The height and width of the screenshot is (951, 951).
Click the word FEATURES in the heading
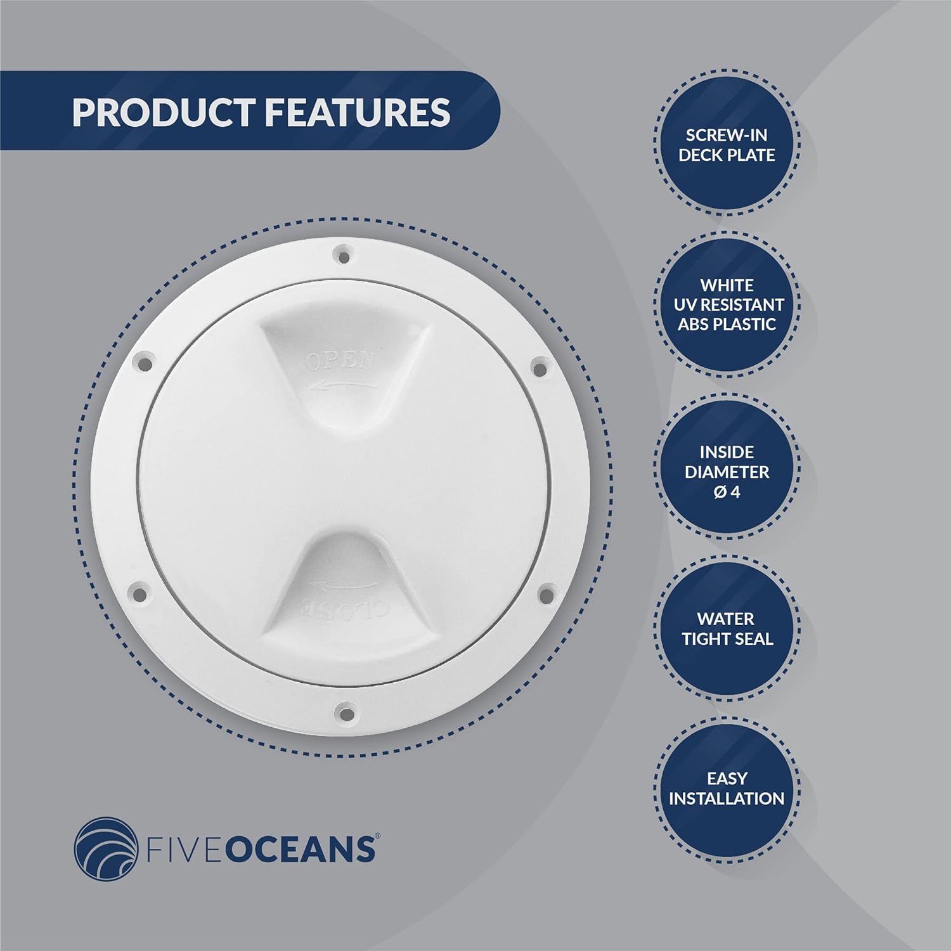(x=357, y=112)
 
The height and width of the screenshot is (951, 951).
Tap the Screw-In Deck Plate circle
(x=727, y=145)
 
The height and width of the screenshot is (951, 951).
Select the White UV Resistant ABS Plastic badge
(x=727, y=304)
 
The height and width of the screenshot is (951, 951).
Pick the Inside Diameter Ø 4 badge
(x=727, y=472)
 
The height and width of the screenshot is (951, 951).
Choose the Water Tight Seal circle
(x=727, y=629)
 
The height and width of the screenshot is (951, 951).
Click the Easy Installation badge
(x=727, y=788)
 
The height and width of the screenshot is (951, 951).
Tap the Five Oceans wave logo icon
(x=105, y=848)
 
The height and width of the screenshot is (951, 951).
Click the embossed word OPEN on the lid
(x=340, y=361)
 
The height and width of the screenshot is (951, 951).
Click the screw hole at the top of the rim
(x=343, y=257)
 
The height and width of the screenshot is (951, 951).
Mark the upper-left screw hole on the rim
(x=145, y=365)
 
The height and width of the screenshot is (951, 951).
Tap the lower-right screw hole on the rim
(x=544, y=595)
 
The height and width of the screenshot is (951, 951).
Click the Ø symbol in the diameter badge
(x=720, y=492)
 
